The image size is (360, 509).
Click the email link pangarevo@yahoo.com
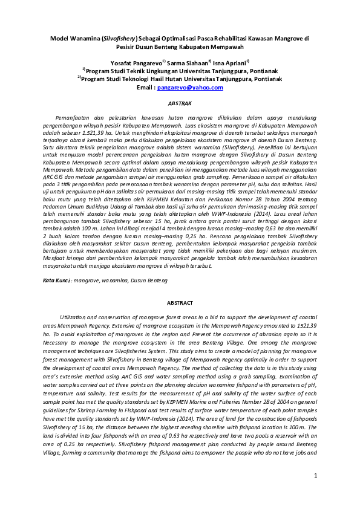click(190, 88)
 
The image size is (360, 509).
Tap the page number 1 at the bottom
click(315, 476)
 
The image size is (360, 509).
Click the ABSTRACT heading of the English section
click(180, 303)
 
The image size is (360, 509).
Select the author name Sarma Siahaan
click(188, 62)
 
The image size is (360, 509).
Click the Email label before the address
click(146, 88)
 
